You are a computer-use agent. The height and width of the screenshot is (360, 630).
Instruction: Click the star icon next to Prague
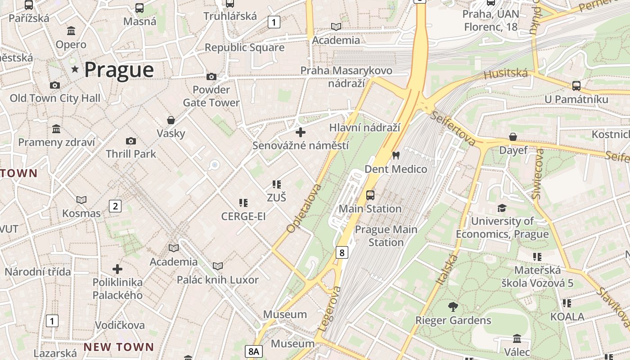coord(75,69)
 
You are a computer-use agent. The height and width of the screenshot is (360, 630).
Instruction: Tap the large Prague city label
coord(119,70)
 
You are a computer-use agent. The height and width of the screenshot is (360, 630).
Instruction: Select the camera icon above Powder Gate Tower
coord(211,76)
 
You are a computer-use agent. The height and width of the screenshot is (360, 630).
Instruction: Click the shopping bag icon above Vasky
coord(171,120)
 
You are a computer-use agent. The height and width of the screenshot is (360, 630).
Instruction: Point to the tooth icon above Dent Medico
coord(396,156)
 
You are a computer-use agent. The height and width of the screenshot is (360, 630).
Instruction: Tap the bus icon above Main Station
coord(370,195)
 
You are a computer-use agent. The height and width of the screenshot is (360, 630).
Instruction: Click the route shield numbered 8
coord(342,252)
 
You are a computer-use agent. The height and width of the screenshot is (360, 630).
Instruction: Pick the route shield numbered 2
coord(115,206)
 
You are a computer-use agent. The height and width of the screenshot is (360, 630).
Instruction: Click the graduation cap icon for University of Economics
coord(502,208)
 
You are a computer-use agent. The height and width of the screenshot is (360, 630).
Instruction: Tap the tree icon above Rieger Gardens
coord(453,307)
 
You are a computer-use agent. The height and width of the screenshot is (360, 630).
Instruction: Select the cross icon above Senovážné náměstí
coord(301,132)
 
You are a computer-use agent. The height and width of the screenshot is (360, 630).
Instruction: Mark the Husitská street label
coord(505,73)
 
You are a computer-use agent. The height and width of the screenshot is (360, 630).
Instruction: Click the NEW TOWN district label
coord(119,347)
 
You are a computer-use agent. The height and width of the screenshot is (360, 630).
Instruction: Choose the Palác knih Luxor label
coord(218,279)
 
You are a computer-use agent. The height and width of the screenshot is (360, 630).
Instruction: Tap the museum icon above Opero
coord(71,31)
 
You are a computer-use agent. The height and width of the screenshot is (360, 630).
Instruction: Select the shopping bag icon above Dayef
coord(513,137)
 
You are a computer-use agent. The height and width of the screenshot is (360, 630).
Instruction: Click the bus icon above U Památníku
coord(576,85)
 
